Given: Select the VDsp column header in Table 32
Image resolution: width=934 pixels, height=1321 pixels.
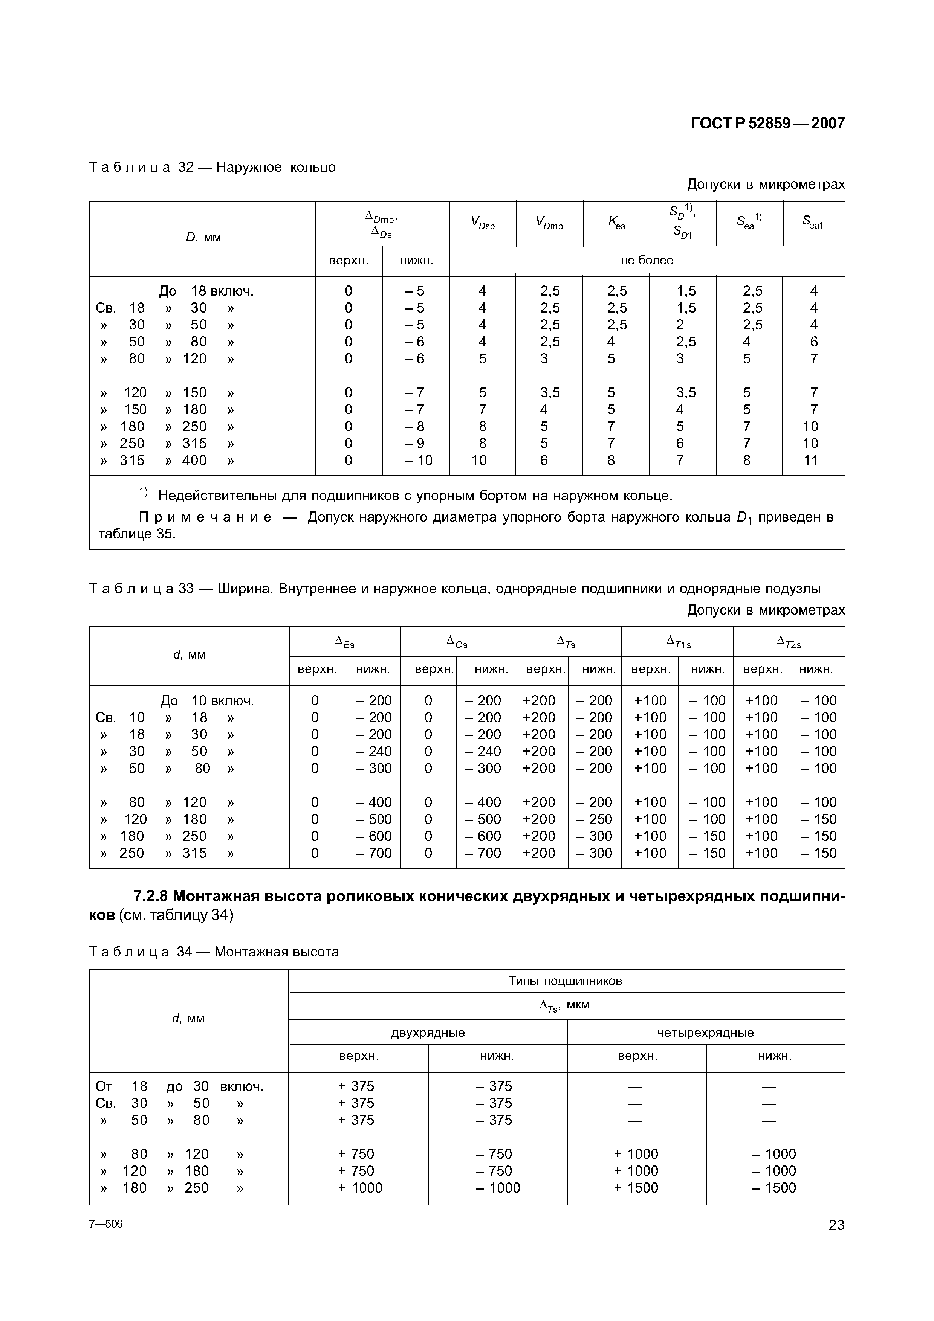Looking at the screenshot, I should [x=482, y=223].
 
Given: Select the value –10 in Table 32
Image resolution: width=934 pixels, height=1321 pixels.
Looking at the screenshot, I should [x=418, y=460].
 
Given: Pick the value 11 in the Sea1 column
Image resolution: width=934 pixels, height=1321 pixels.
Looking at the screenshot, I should [x=810, y=460].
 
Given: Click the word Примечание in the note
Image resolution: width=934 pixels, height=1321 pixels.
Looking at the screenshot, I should [x=205, y=517].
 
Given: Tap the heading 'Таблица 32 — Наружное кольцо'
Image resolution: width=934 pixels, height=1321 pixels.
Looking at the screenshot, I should [x=212, y=168].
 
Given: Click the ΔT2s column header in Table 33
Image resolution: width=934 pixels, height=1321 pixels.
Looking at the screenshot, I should [x=789, y=642].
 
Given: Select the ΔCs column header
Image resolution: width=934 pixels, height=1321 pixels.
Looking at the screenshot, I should [x=456, y=642].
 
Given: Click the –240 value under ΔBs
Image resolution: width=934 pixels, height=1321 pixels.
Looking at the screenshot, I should [x=373, y=751].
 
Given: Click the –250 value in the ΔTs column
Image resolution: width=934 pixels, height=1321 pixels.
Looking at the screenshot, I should [x=595, y=819].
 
